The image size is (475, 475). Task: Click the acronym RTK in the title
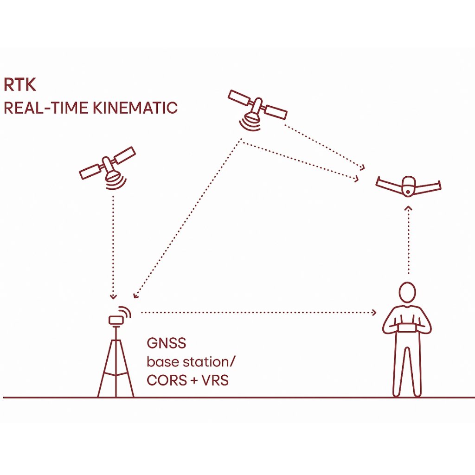(x=19, y=84)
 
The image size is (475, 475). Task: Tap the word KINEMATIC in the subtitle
(x=135, y=108)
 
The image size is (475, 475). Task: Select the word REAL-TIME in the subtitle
(x=46, y=108)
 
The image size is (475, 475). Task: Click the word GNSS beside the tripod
(x=167, y=343)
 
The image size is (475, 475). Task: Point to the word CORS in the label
(x=167, y=380)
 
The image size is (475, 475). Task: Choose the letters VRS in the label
(x=215, y=380)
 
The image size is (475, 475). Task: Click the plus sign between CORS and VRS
(x=194, y=381)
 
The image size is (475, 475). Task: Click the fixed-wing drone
(x=408, y=186)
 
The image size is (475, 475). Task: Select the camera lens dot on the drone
(x=408, y=192)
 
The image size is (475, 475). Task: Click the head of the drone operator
(x=407, y=292)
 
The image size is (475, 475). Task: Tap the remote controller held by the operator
(x=407, y=328)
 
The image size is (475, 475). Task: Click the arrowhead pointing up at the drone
(x=409, y=208)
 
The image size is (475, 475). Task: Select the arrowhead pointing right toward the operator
(x=374, y=312)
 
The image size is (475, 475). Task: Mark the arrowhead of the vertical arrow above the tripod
(x=113, y=296)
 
